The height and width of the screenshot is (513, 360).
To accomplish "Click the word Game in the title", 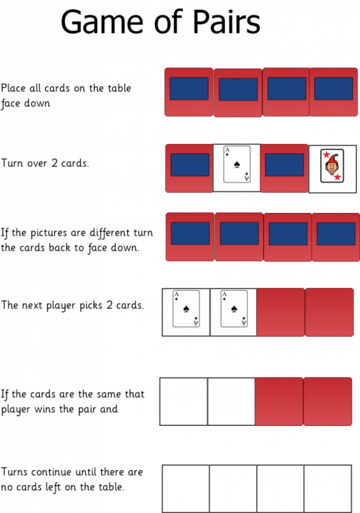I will click(102, 23).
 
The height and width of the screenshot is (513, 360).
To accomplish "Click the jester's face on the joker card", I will click(332, 166).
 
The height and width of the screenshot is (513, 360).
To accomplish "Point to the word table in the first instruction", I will click(118, 88).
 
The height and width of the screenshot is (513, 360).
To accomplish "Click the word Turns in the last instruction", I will click(16, 472).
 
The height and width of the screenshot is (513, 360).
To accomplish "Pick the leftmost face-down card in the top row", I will click(189, 92).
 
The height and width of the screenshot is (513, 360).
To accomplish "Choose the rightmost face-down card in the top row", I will click(333, 92).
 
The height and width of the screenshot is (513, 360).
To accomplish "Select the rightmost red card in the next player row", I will click(329, 312).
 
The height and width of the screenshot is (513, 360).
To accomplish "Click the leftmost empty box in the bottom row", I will click(185, 489).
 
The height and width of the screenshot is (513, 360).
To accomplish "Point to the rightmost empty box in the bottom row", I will click(328, 489).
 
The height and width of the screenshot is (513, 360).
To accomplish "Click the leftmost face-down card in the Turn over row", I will click(189, 167).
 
